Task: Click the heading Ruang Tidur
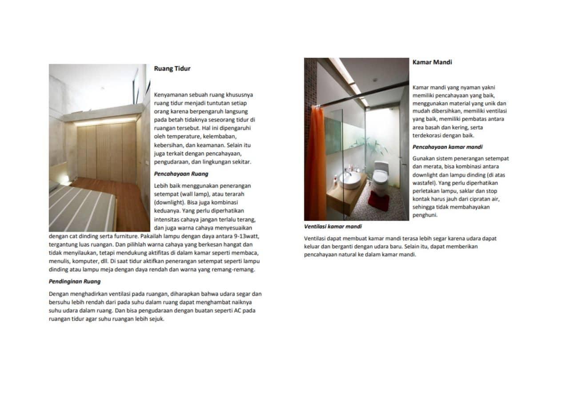172,68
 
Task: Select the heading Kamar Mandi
432,62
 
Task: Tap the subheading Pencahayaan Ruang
181,174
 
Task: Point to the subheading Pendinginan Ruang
75,281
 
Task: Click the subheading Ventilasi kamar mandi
333,226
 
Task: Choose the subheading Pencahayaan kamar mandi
447,147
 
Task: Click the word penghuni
425,215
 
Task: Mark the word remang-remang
239,269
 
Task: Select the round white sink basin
350,180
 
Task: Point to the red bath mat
378,201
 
